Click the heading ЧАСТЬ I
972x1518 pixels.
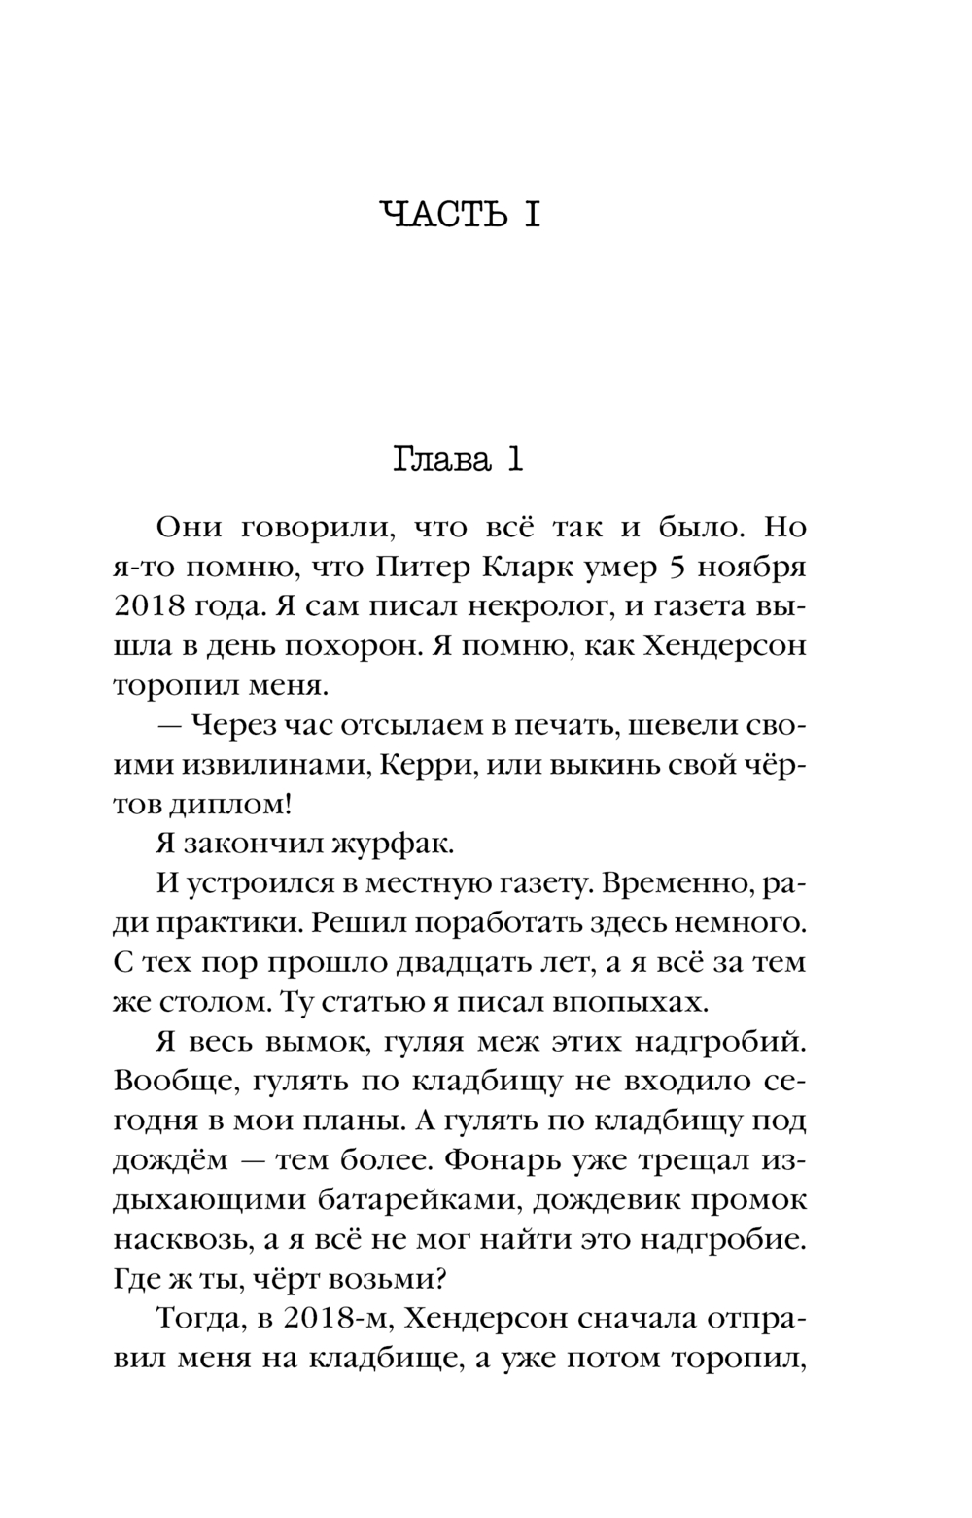pos(460,215)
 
